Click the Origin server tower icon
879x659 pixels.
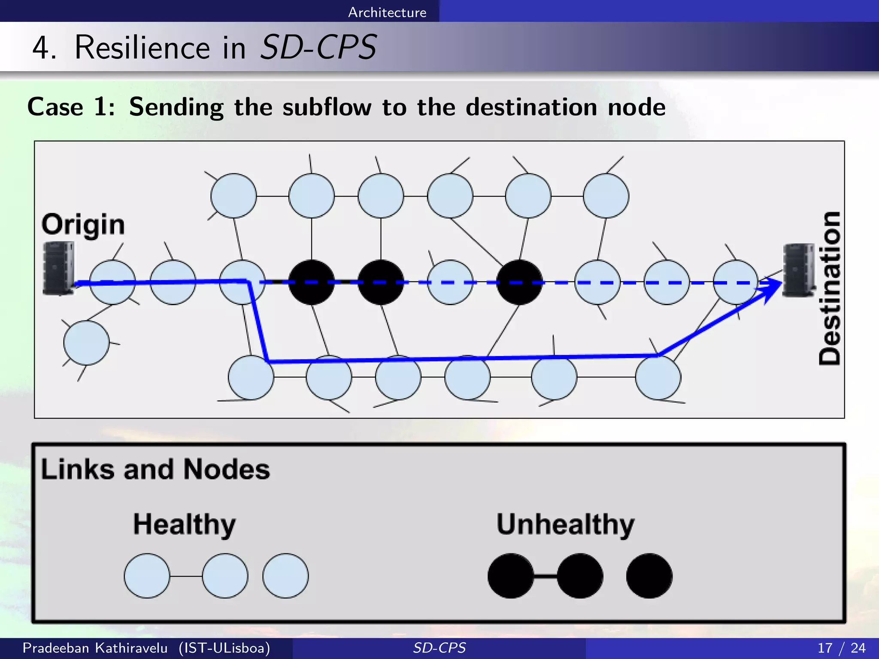(x=58, y=268)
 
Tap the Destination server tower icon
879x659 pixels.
(x=798, y=270)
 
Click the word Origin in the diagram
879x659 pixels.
(x=83, y=224)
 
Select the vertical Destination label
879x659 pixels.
(x=829, y=288)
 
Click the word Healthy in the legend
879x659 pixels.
(x=184, y=524)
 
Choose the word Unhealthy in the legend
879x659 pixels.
(x=565, y=524)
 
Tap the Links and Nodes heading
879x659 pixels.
(x=155, y=469)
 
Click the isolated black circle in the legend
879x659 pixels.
(x=649, y=576)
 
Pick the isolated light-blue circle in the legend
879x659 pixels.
(x=285, y=576)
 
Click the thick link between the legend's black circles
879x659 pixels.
(x=546, y=576)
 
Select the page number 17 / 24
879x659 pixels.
(x=841, y=648)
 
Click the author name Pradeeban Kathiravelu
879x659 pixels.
(x=95, y=648)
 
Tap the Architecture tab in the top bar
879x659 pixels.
(x=387, y=12)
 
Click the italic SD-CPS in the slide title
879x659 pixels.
(x=318, y=47)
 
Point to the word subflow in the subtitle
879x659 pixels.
(x=327, y=107)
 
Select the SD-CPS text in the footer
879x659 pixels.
(x=439, y=648)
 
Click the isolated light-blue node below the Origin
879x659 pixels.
(x=86, y=343)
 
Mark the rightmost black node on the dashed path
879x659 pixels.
(x=519, y=282)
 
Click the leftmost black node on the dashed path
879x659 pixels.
(x=312, y=282)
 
